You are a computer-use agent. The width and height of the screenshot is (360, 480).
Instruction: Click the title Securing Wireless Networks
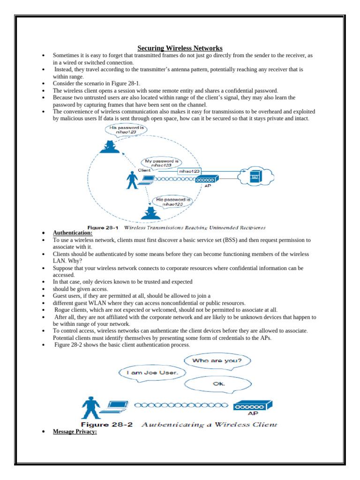[x=180, y=48]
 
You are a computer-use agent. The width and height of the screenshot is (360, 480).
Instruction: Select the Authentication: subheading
[x=73, y=232]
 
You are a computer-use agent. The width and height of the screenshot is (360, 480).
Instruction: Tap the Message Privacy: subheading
[x=75, y=432]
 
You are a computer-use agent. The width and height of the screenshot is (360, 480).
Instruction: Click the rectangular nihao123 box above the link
[x=189, y=172]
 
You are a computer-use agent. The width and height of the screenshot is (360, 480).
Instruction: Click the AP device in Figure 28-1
[x=206, y=180]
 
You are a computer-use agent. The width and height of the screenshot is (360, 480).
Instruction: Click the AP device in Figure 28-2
[x=253, y=405]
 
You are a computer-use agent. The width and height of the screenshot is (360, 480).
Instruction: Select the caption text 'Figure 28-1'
[x=103, y=228]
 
